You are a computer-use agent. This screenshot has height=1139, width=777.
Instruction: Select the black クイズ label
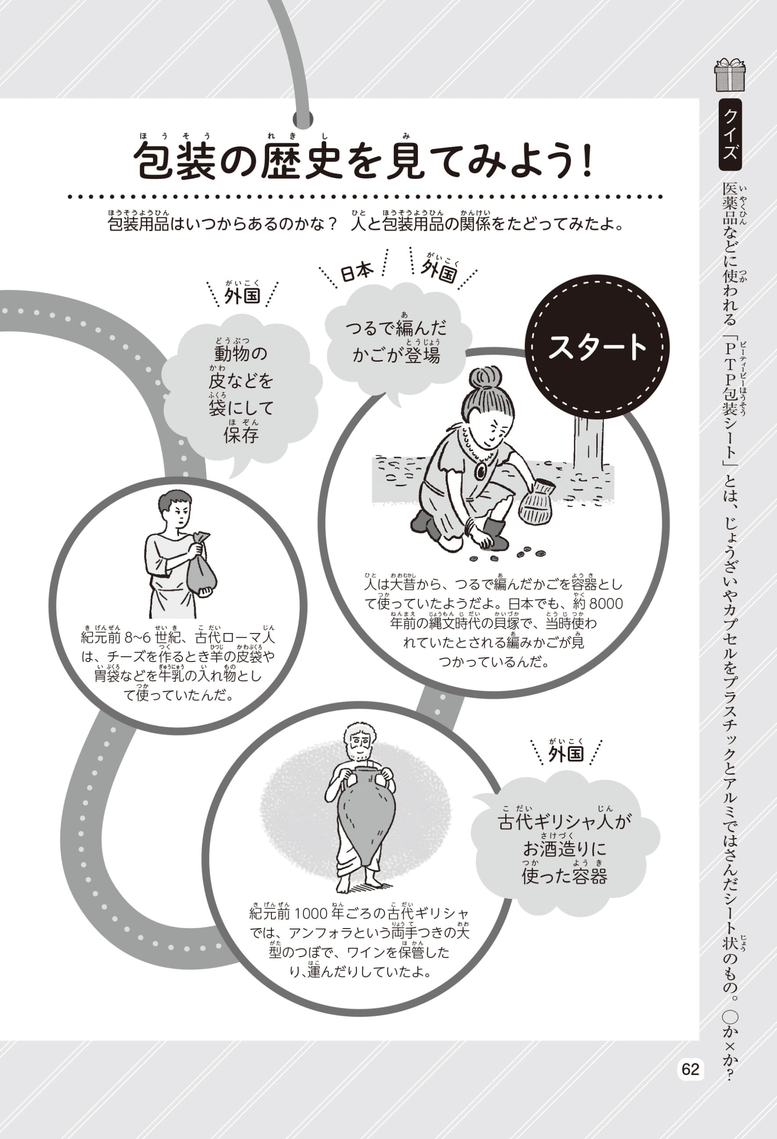730,134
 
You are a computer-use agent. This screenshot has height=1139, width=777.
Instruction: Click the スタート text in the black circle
597,347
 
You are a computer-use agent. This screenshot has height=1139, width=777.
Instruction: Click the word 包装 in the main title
175,161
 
